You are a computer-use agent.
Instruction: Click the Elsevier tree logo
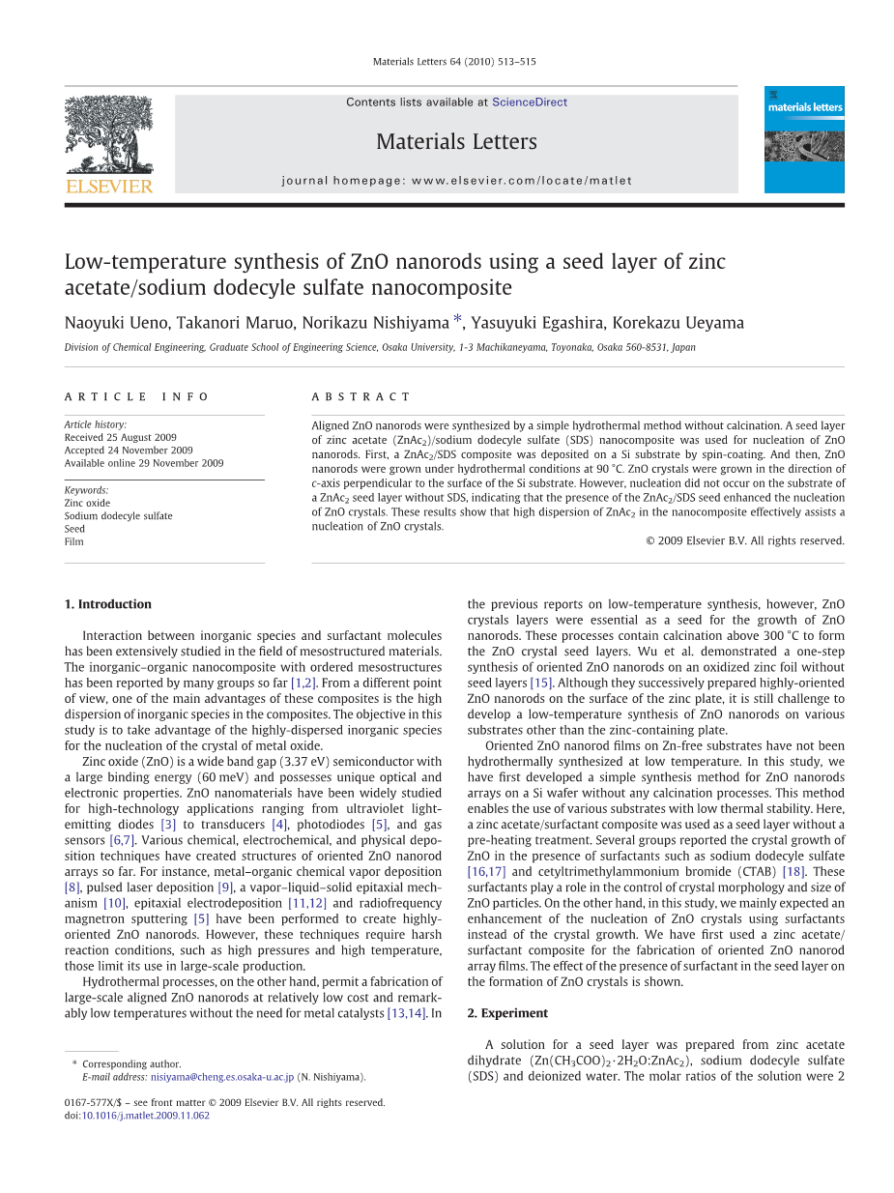(108, 133)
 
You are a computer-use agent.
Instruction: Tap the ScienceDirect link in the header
(530, 102)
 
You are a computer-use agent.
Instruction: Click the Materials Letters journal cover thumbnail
(804, 139)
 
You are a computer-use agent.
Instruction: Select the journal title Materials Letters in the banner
(456, 142)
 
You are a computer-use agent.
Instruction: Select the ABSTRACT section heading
(360, 397)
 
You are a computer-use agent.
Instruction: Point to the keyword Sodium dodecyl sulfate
(118, 516)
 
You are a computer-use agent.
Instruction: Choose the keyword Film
(74, 542)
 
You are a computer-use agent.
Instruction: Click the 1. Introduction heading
(108, 604)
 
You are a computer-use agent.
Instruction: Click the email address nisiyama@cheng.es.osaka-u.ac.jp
(221, 1077)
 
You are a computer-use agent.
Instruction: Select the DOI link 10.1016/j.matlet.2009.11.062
(145, 1116)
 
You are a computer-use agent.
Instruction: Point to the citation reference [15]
(541, 683)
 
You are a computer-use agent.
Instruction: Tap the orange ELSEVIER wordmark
(108, 187)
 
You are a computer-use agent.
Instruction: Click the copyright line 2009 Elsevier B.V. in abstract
(744, 541)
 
